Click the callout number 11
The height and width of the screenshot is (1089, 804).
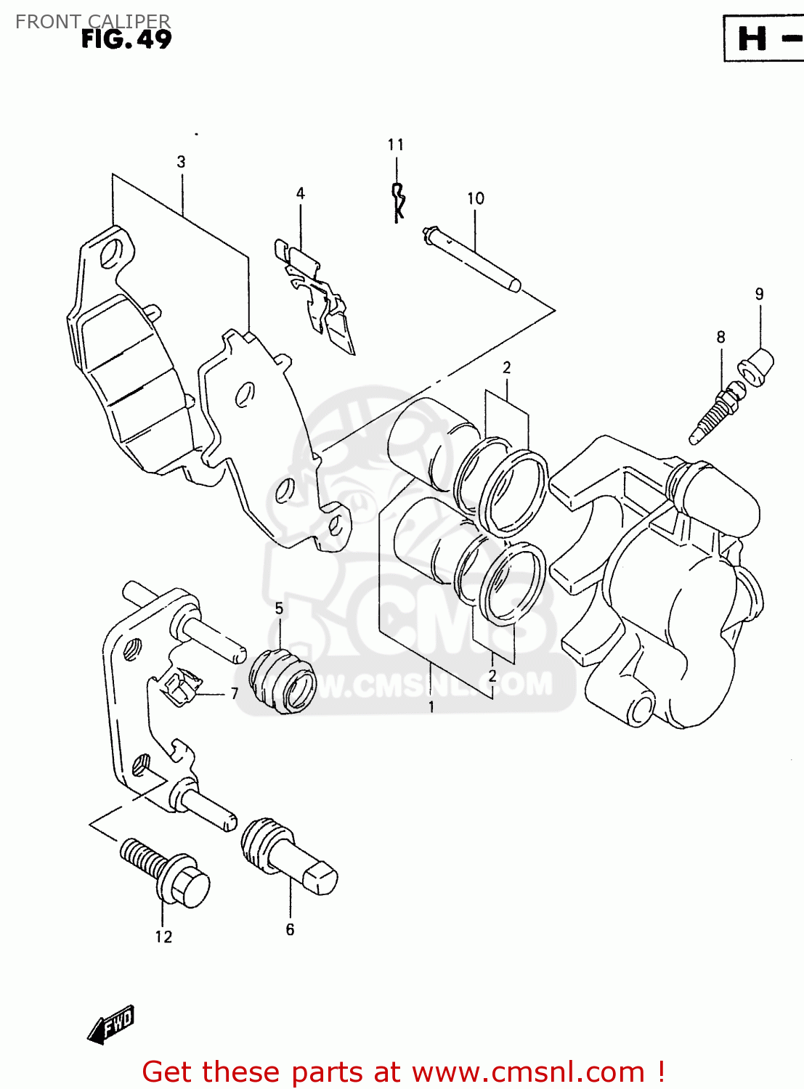(x=395, y=145)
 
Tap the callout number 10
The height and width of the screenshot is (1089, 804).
(x=475, y=198)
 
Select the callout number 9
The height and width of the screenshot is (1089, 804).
(x=759, y=294)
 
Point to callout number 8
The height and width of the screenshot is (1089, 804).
(x=720, y=337)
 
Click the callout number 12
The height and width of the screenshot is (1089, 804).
(x=163, y=937)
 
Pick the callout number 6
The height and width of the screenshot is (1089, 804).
(x=290, y=930)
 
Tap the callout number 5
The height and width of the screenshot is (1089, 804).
(x=279, y=608)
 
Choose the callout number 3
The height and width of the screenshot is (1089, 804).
(x=181, y=162)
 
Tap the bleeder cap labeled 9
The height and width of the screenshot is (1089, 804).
(x=756, y=367)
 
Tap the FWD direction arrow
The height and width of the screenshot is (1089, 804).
(x=111, y=1025)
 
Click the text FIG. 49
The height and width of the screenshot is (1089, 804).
(x=126, y=39)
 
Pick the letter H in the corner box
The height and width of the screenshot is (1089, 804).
(x=752, y=38)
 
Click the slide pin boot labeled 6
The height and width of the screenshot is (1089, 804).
(x=287, y=857)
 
